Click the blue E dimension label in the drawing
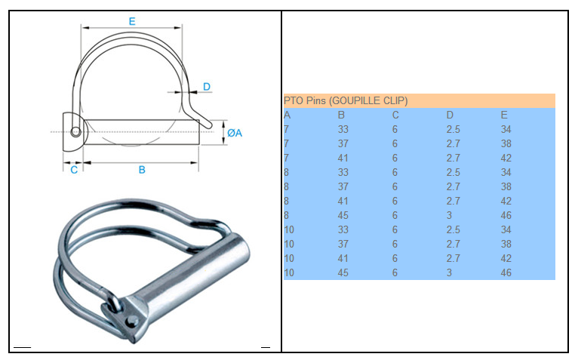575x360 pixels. click(x=132, y=21)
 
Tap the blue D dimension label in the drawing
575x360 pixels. click(x=207, y=87)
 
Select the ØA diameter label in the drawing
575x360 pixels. click(x=235, y=133)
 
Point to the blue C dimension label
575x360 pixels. click(x=74, y=170)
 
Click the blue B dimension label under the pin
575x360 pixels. click(x=142, y=170)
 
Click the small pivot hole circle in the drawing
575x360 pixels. click(x=76, y=131)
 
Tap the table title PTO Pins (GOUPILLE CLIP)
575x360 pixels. click(x=346, y=101)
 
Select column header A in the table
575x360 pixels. click(x=287, y=115)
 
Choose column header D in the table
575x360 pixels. click(x=450, y=115)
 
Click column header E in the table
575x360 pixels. click(x=504, y=115)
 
